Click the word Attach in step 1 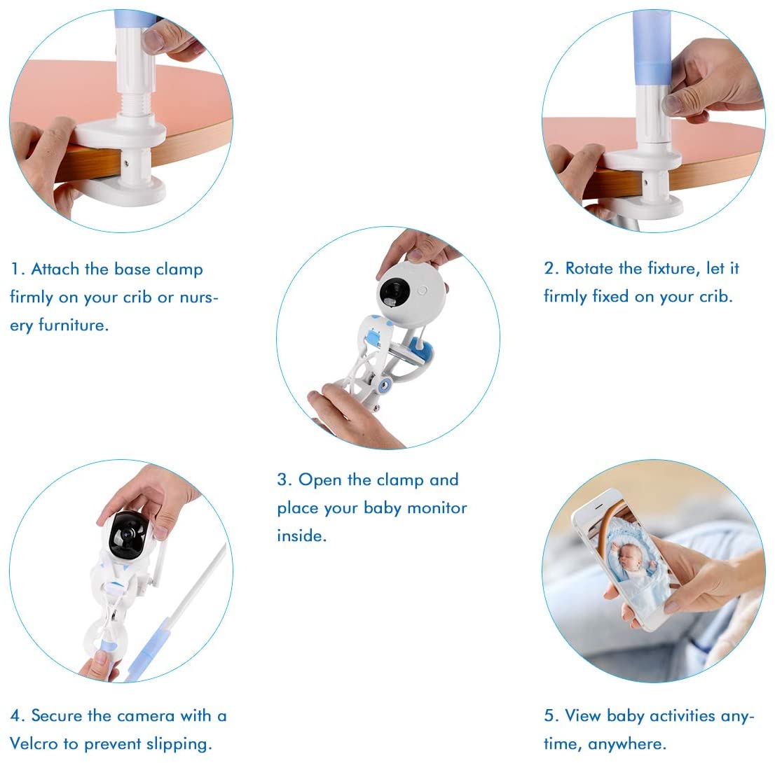[x=56, y=269]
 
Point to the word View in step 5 [x=584, y=716]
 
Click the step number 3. [x=282, y=480]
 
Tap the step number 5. [x=549, y=716]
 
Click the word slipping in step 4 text [x=180, y=743]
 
